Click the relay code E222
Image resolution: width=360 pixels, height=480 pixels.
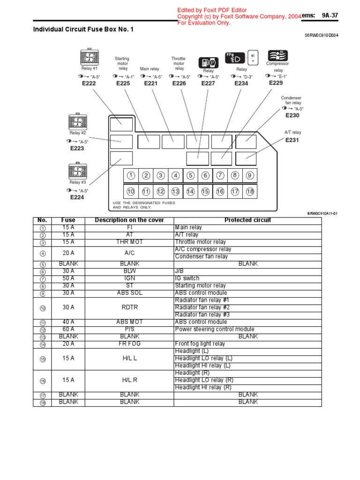89,83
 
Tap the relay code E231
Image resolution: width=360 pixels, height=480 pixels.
292,140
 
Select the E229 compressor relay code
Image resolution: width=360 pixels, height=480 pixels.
276,82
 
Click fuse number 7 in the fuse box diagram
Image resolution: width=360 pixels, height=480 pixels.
220,175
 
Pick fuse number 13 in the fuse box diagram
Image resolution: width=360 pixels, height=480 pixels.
175,191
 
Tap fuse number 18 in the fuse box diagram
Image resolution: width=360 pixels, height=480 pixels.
249,191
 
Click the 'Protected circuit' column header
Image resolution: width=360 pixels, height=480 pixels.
247,220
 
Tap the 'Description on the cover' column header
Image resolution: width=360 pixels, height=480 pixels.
129,220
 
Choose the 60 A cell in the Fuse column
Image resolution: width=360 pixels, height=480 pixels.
68,329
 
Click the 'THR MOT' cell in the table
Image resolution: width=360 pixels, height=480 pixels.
129,242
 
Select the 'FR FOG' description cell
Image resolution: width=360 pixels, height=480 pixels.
129,344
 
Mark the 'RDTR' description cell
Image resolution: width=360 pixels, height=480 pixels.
129,307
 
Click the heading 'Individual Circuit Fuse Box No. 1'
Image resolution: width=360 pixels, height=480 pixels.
83,30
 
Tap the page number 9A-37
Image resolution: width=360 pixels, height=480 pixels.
330,15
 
